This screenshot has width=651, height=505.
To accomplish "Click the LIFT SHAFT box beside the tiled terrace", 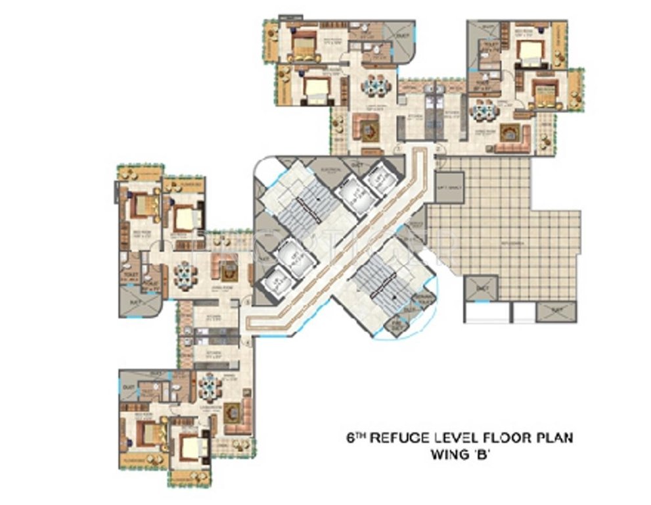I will pyautogui.click(x=450, y=187).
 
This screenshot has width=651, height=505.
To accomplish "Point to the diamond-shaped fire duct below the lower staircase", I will pyautogui.click(x=396, y=325).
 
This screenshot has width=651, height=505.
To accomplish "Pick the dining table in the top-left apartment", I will pyautogui.click(x=376, y=85).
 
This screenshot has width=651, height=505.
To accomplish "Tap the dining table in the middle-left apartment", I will pyautogui.click(x=185, y=276).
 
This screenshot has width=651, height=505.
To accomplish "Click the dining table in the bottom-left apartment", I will pyautogui.click(x=211, y=387).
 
